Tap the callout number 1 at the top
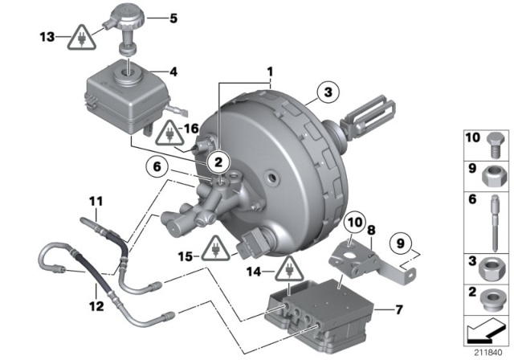[x=270, y=70]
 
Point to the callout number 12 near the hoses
[x=96, y=305]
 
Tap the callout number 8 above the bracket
[x=370, y=230]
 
